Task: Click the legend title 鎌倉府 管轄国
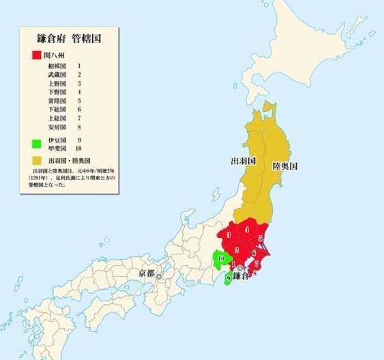point(69,39)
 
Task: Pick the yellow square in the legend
point(34,159)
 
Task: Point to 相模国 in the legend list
point(57,65)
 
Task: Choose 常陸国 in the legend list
point(57,101)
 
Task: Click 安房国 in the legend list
point(57,127)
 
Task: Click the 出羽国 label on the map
point(242,162)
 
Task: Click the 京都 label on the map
point(147,273)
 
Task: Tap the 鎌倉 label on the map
point(241,276)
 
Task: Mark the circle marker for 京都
point(159,277)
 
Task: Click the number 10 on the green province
point(220,258)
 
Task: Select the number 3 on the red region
point(228,235)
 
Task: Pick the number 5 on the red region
point(261,238)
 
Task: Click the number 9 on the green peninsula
point(227,277)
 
